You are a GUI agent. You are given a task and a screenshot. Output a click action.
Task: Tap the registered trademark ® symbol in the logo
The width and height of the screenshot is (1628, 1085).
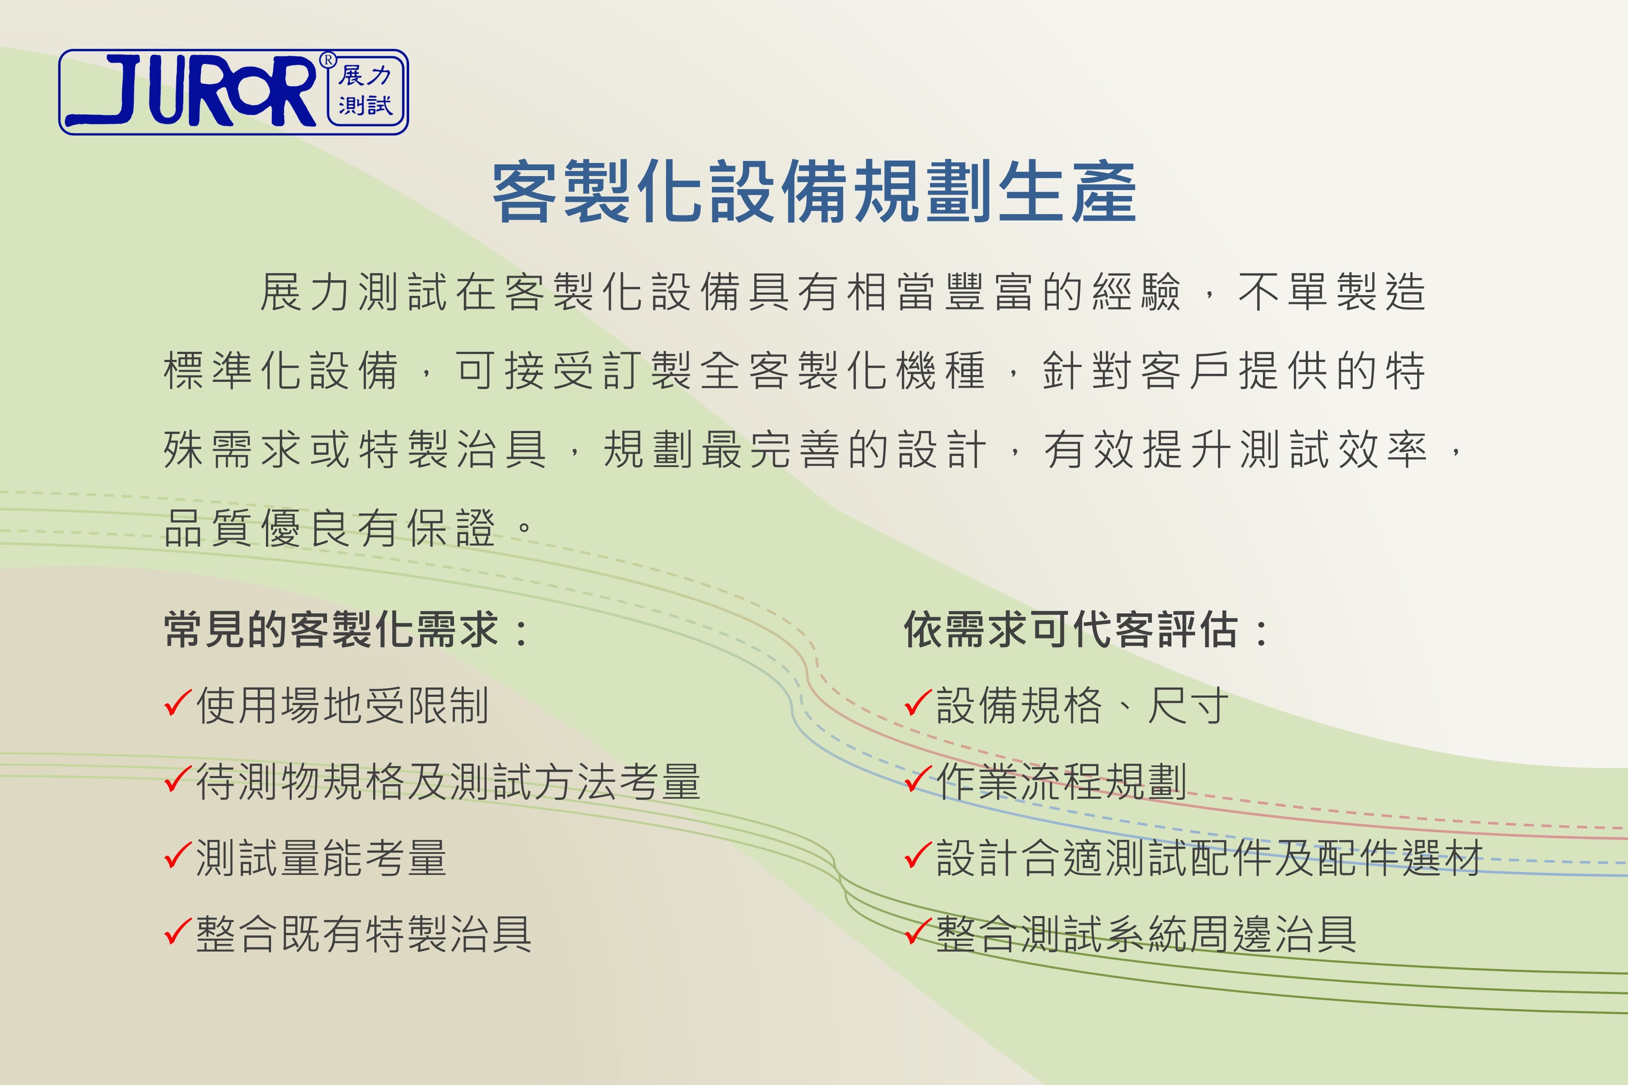tap(329, 60)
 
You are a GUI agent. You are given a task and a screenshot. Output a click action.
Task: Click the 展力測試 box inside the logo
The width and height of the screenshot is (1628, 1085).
tap(365, 91)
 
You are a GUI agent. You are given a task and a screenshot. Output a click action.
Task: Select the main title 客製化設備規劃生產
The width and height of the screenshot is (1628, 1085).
tap(814, 192)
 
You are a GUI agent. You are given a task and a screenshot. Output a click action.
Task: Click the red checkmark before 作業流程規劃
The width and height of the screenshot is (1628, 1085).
tap(919, 780)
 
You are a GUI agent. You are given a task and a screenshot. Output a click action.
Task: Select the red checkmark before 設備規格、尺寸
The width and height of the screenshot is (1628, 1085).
tap(919, 704)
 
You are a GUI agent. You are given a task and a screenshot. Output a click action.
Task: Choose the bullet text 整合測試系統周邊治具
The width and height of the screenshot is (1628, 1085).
tap(1146, 934)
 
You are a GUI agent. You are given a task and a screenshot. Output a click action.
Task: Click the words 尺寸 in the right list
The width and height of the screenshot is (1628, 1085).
tap(1188, 706)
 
